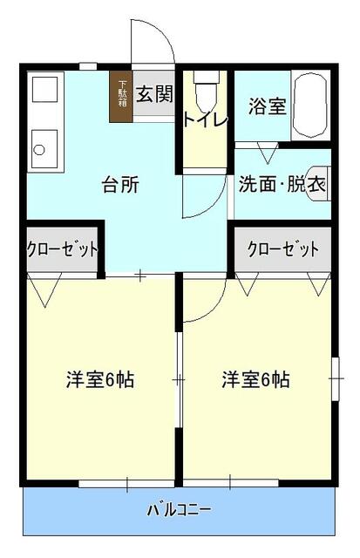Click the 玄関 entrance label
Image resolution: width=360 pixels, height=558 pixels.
click(x=153, y=92)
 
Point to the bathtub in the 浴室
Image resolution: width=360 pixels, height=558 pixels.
click(x=310, y=106)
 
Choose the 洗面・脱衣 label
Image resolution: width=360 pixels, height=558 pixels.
click(x=282, y=184)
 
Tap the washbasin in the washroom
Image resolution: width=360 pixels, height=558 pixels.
click(x=321, y=184)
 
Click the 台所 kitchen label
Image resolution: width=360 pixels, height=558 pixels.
click(x=122, y=185)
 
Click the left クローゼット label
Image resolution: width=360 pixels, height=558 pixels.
click(x=62, y=248)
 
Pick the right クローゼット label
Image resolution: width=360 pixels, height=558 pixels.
click(x=282, y=248)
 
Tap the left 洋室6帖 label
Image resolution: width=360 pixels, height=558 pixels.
click(x=100, y=380)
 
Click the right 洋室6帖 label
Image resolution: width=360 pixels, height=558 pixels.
click(x=255, y=380)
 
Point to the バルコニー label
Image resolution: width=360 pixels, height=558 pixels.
click(x=179, y=509)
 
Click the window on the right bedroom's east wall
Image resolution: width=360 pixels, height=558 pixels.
click(x=336, y=379)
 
